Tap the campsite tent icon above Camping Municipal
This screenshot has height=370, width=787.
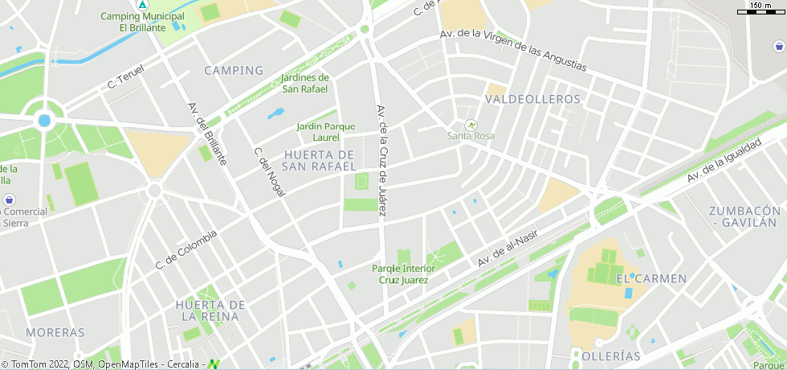[142, 5]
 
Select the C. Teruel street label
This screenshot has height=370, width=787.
[124, 78]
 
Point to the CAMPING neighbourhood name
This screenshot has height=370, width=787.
[234, 71]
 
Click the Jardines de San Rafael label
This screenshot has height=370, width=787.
[304, 83]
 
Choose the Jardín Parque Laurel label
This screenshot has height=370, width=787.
[325, 132]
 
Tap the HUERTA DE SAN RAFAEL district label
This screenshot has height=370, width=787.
[320, 160]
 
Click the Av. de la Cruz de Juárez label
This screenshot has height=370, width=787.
[382, 160]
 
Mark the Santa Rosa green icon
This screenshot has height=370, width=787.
[471, 125]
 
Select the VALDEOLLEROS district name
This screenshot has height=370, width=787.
[532, 99]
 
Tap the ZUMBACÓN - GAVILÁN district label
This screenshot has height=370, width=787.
[744, 216]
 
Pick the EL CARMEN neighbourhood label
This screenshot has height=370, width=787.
[651, 279]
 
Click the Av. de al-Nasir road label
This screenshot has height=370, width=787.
[507, 246]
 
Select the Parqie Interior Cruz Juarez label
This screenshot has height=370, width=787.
[403, 274]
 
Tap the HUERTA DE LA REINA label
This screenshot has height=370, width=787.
[210, 310]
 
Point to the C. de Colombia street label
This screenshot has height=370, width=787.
[186, 249]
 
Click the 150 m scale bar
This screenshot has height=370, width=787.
[760, 10]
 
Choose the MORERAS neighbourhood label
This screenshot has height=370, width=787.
[55, 332]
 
